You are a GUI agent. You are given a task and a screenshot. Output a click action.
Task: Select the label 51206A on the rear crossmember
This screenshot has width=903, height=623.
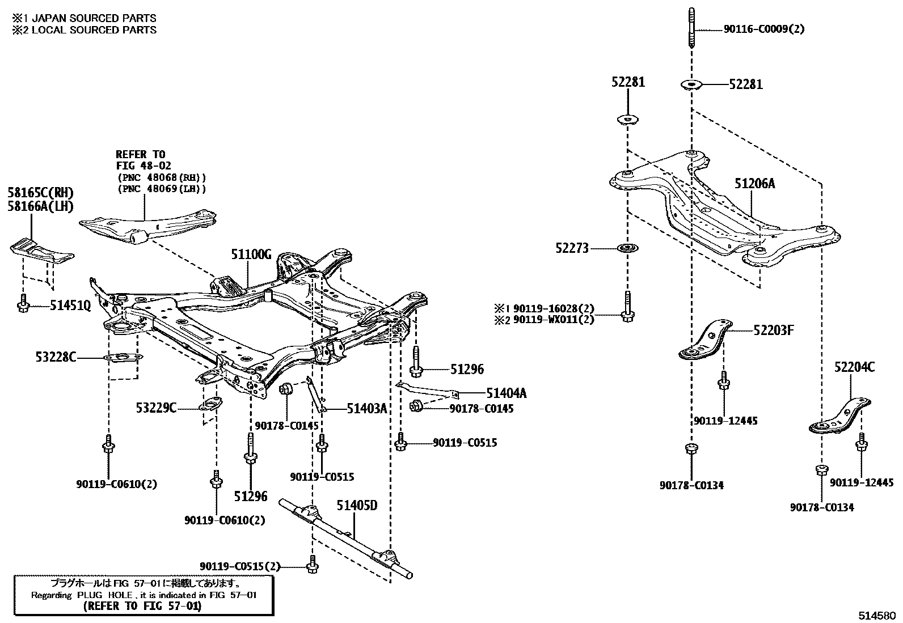(x=754, y=183)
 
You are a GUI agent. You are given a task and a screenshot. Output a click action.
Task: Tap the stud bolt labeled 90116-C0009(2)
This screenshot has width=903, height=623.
(x=691, y=28)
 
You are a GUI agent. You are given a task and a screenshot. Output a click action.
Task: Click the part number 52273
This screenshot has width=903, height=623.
(x=572, y=248)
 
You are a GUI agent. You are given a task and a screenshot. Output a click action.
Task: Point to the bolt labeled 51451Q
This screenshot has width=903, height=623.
(x=23, y=306)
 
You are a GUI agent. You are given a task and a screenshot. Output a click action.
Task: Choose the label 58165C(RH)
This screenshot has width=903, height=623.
(x=41, y=193)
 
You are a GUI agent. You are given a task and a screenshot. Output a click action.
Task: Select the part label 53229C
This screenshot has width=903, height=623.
(x=156, y=407)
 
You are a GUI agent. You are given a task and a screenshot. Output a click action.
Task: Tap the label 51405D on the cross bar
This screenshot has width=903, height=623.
(x=357, y=505)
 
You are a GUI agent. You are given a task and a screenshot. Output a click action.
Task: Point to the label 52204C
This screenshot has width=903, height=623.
(x=854, y=367)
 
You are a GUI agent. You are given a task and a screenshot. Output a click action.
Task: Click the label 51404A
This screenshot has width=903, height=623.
(x=506, y=392)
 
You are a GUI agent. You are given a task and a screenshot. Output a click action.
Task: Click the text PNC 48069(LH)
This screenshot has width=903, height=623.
(x=162, y=188)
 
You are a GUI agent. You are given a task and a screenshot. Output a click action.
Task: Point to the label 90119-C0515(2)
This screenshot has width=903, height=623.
(x=240, y=566)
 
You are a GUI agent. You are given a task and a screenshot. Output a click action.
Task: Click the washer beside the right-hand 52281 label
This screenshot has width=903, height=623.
(x=691, y=85)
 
